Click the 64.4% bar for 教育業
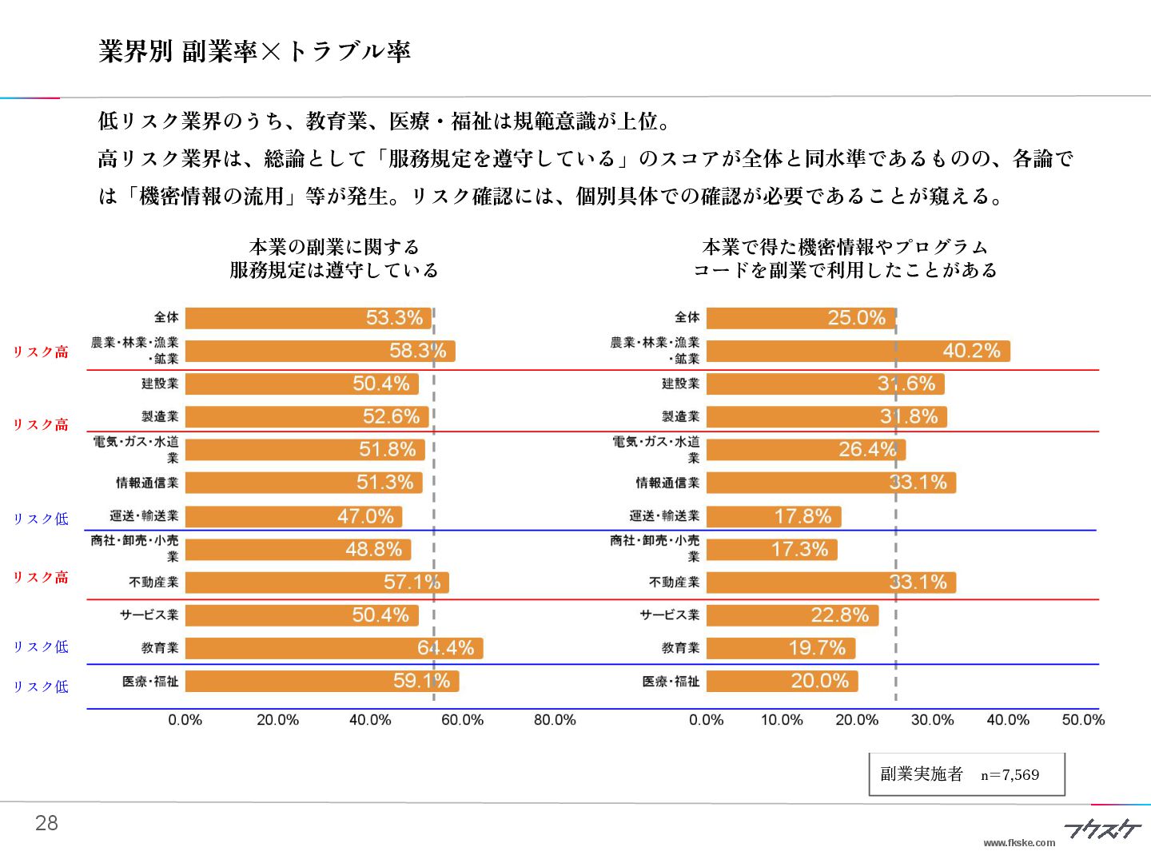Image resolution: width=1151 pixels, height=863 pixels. [x=334, y=648]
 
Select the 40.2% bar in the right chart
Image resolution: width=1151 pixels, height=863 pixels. [x=858, y=351]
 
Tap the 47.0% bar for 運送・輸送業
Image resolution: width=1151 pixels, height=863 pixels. [x=293, y=516]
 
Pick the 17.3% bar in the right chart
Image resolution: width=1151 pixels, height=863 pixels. [x=771, y=550]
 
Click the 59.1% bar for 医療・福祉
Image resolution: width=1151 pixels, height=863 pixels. [x=322, y=682]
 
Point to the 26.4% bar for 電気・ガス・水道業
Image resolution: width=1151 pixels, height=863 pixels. [x=806, y=450]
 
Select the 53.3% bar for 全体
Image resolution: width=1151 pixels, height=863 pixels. [x=309, y=318]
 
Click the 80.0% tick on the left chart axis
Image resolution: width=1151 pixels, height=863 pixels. [x=555, y=720]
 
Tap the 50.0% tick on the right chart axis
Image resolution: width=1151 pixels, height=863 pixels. [x=1083, y=720]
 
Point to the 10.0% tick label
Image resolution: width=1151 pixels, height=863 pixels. [x=782, y=720]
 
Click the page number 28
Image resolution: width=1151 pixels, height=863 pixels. [x=46, y=823]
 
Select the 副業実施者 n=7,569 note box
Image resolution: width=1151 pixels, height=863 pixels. [x=966, y=774]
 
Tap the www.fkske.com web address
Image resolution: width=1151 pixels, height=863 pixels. [x=1019, y=842]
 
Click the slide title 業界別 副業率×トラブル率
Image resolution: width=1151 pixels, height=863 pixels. [x=254, y=51]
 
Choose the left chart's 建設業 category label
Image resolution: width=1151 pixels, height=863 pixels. [x=160, y=384]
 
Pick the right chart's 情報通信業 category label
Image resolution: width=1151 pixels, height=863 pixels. [x=667, y=483]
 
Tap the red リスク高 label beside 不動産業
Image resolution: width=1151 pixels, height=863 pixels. [x=41, y=578]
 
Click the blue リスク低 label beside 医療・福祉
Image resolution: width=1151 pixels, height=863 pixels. [x=41, y=686]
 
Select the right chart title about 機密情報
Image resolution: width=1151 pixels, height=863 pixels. [x=845, y=259]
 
